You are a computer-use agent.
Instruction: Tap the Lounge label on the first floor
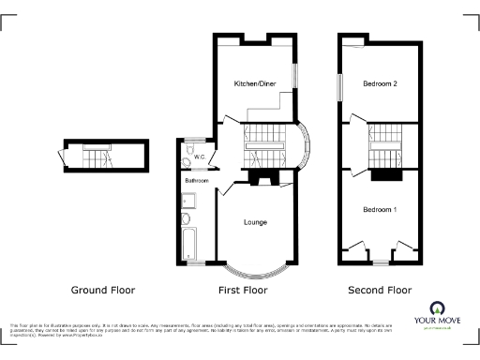click(x=256, y=222)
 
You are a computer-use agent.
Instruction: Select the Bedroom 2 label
click(x=380, y=84)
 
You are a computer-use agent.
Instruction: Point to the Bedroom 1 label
click(x=380, y=210)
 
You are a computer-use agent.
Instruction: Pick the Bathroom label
click(x=195, y=179)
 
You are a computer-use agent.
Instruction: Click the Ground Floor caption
click(x=104, y=291)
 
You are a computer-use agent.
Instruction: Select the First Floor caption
click(x=244, y=291)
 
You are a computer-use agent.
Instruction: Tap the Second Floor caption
click(x=380, y=291)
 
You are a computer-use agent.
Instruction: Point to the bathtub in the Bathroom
click(x=186, y=240)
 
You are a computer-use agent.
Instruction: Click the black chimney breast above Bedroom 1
click(x=386, y=173)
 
